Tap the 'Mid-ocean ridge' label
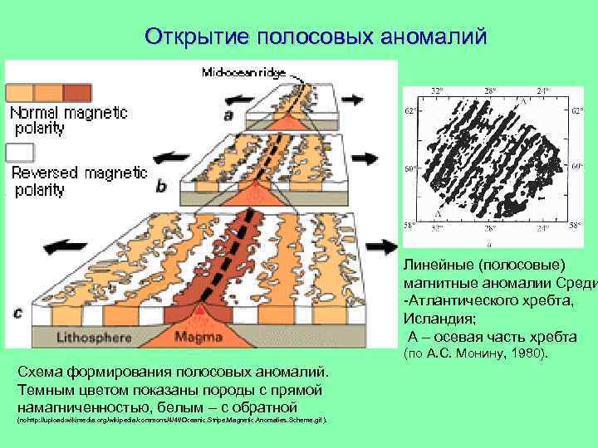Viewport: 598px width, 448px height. pyautogui.click(x=243, y=73)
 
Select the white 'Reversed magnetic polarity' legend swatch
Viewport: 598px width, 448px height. pyautogui.click(x=20, y=153)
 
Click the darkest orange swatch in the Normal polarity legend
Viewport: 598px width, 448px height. pyautogui.click(x=77, y=91)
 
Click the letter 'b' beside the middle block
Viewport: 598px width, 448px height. pyautogui.click(x=161, y=184)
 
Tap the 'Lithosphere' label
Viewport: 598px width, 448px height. pyautogui.click(x=90, y=338)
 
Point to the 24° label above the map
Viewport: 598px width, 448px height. pyautogui.click(x=543, y=90)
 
